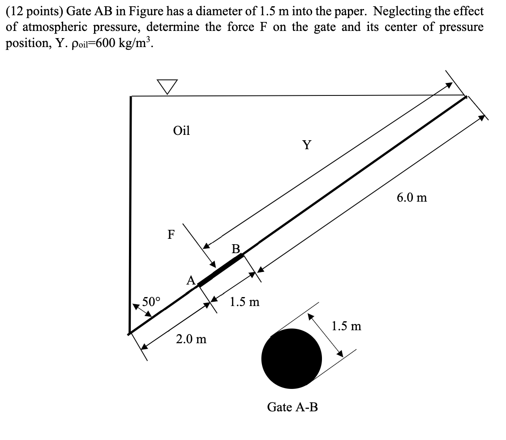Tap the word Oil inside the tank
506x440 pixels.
tap(181, 131)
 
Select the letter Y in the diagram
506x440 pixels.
tap(307, 145)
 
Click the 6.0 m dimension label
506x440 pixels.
tap(412, 197)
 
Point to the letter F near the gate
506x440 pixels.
tap(171, 234)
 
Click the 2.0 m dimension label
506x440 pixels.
tap(191, 339)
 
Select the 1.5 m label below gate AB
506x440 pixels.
tap(244, 302)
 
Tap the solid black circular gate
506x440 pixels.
tap(292, 358)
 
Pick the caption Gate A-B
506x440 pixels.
tap(292, 407)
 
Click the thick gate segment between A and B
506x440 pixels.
tap(221, 269)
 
